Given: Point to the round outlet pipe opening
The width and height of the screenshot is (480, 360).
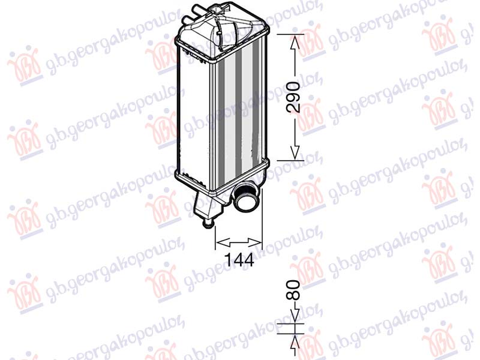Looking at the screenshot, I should click(245, 200).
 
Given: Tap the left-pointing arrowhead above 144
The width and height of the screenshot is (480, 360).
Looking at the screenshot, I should click(220, 242).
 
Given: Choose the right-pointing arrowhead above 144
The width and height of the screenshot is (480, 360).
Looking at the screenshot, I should click(257, 242).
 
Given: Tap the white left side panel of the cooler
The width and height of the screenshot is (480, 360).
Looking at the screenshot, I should click(193, 108).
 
